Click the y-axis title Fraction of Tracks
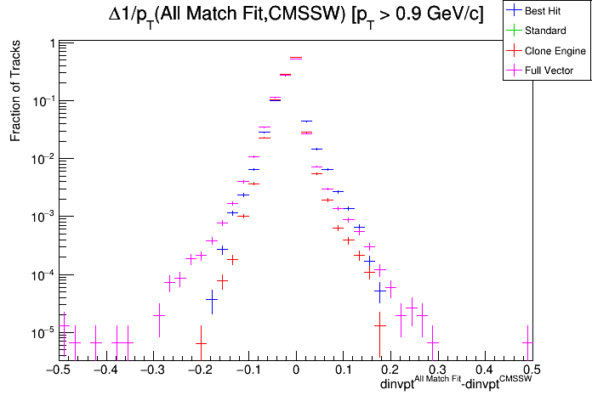click(15, 93)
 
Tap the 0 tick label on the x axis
click(295, 370)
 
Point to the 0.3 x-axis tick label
click(437, 370)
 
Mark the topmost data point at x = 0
click(296, 58)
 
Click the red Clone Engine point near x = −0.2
click(201, 343)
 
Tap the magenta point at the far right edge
click(527, 343)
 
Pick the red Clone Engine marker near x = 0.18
click(379, 324)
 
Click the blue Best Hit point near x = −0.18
click(212, 299)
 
